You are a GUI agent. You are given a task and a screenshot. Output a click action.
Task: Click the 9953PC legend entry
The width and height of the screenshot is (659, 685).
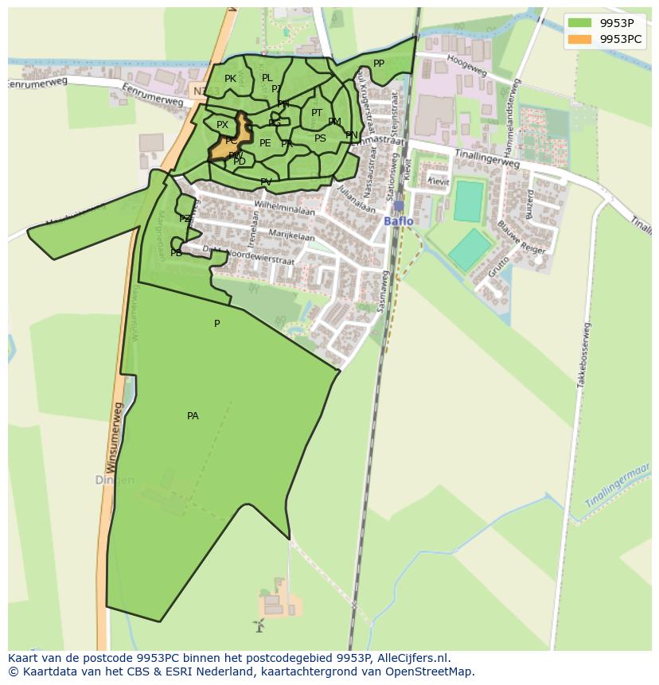pos(608,38)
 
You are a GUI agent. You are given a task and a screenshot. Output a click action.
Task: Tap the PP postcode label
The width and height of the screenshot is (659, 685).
pos(379,64)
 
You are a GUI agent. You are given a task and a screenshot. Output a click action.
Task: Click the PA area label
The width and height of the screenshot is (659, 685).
pos(193,416)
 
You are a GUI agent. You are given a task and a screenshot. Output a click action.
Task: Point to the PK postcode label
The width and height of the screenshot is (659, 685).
pos(230,79)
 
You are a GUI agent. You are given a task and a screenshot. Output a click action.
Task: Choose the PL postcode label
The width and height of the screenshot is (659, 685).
pos(267,78)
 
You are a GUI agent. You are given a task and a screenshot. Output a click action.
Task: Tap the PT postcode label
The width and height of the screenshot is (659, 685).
pos(317,113)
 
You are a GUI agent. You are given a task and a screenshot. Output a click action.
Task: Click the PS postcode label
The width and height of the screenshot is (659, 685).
pos(320,138)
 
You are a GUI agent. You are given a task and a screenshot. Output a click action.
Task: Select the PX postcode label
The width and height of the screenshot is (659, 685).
pos(222,125)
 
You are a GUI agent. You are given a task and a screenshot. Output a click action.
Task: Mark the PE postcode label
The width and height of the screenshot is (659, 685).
pos(265,143)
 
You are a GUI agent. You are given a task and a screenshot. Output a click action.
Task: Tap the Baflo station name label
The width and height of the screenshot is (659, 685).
pos(399,221)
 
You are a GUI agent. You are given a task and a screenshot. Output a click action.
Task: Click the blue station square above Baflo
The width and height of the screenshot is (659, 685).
pos(399,206)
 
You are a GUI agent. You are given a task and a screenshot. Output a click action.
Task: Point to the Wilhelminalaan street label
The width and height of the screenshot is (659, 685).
pos(284,209)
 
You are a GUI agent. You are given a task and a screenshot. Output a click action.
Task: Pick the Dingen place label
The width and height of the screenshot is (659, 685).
pos(115,481)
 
